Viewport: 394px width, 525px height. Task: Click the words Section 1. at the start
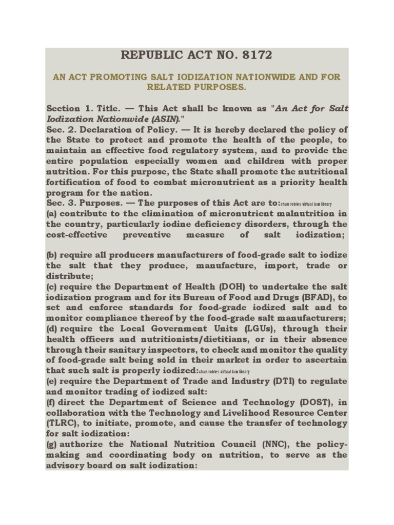pos(66,108)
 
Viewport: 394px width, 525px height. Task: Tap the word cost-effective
pos(77,235)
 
